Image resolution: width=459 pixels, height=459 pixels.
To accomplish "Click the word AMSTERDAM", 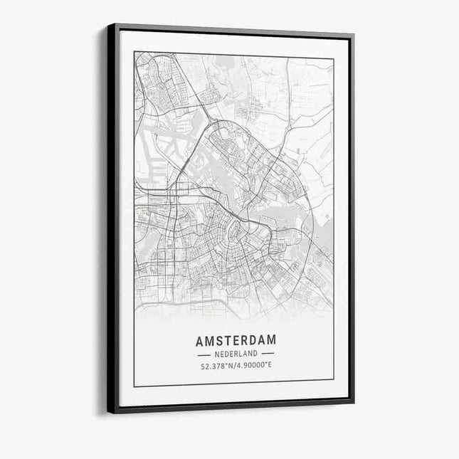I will tap(236, 341).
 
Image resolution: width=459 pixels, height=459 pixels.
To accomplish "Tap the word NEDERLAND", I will tap(236, 354).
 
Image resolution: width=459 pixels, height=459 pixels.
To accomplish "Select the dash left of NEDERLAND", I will tap(204, 354).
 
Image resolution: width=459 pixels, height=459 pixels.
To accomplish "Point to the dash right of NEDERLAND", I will tap(268, 354).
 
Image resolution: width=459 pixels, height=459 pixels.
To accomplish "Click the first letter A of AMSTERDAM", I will tap(200, 341).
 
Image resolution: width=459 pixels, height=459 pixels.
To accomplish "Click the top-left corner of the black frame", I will tap(108, 24).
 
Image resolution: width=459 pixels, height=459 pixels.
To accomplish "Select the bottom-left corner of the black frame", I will tap(108, 413).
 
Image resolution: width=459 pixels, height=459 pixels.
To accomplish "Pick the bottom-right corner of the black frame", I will tap(353, 403).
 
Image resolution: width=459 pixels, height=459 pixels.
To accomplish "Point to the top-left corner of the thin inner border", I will tap(134, 52).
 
